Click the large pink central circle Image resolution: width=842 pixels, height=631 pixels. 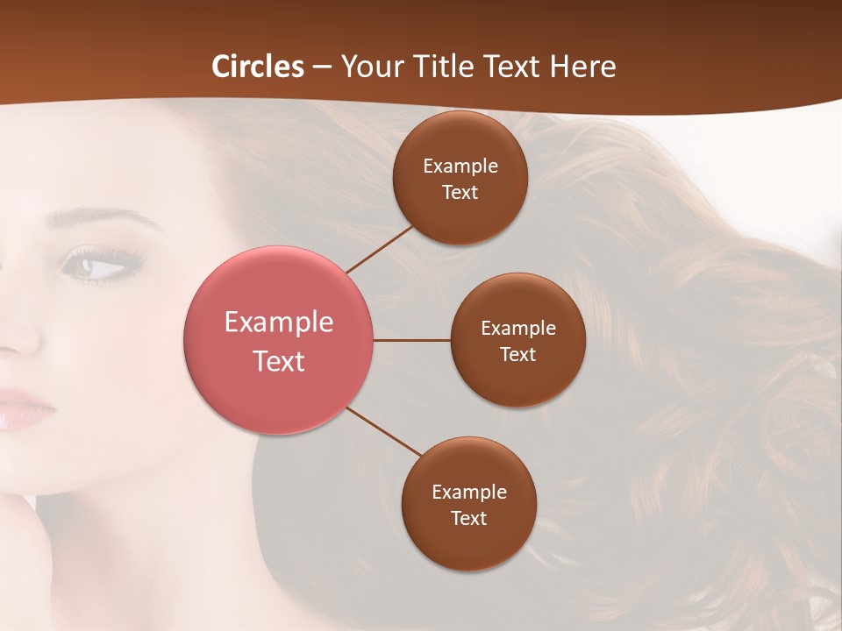tap(279, 340)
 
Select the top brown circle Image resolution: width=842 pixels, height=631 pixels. tap(460, 178)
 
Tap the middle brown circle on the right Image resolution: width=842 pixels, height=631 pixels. tap(518, 340)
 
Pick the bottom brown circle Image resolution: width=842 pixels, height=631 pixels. tap(469, 505)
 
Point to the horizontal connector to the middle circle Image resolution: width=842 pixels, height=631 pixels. tap(412, 340)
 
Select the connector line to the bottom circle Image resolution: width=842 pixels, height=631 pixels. tap(384, 432)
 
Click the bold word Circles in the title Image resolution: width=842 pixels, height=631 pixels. tap(258, 67)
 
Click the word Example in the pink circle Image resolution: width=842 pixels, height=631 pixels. tap(279, 322)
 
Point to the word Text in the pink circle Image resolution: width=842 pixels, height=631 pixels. tap(279, 361)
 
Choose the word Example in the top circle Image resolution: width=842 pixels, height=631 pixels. tap(460, 166)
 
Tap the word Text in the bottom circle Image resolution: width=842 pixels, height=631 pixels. tap(469, 518)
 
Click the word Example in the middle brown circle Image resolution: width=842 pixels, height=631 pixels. tap(518, 328)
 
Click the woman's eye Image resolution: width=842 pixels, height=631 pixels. tap(99, 265)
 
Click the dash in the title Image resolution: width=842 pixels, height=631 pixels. tap(322, 67)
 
